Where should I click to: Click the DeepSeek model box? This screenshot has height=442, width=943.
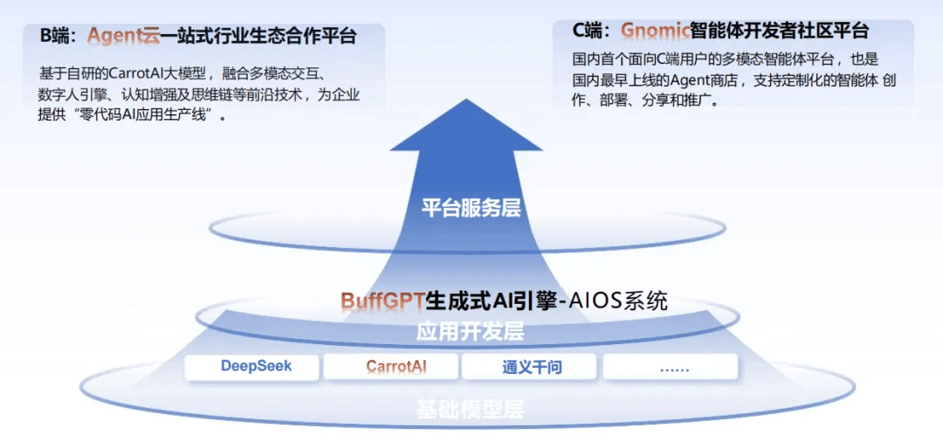click(x=251, y=366)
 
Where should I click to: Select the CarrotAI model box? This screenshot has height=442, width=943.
click(x=391, y=366)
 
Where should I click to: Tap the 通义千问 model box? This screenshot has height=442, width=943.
click(x=529, y=366)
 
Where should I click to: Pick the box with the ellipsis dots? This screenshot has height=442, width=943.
click(x=670, y=366)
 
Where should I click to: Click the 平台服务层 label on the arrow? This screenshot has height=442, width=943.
click(x=471, y=208)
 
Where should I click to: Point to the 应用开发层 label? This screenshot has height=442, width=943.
click(x=470, y=331)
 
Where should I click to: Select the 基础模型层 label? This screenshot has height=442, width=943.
click(x=470, y=409)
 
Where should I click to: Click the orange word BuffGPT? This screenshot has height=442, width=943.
click(x=382, y=300)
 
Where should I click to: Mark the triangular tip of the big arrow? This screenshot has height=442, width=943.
click(x=466, y=100)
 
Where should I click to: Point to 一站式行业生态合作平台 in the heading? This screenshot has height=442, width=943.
click(x=258, y=37)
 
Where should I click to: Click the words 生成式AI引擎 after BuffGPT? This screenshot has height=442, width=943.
click(x=490, y=300)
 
